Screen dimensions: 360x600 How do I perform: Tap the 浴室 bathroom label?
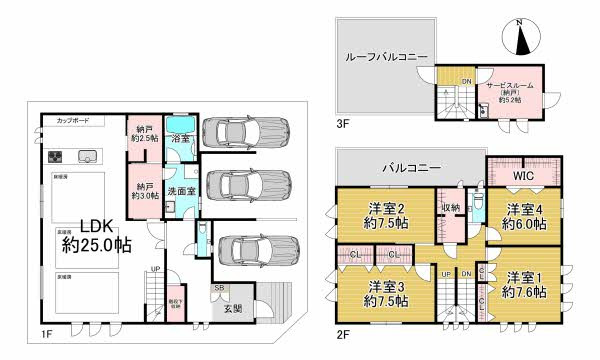pyautogui.click(x=180, y=139)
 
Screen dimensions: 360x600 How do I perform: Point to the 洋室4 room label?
pyautogui.click(x=524, y=217)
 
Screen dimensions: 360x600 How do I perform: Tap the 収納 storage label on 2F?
pyautogui.click(x=449, y=208)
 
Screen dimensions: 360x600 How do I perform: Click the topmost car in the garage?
pyautogui.click(x=244, y=132)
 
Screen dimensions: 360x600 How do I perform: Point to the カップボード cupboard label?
pyautogui.click(x=73, y=120)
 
